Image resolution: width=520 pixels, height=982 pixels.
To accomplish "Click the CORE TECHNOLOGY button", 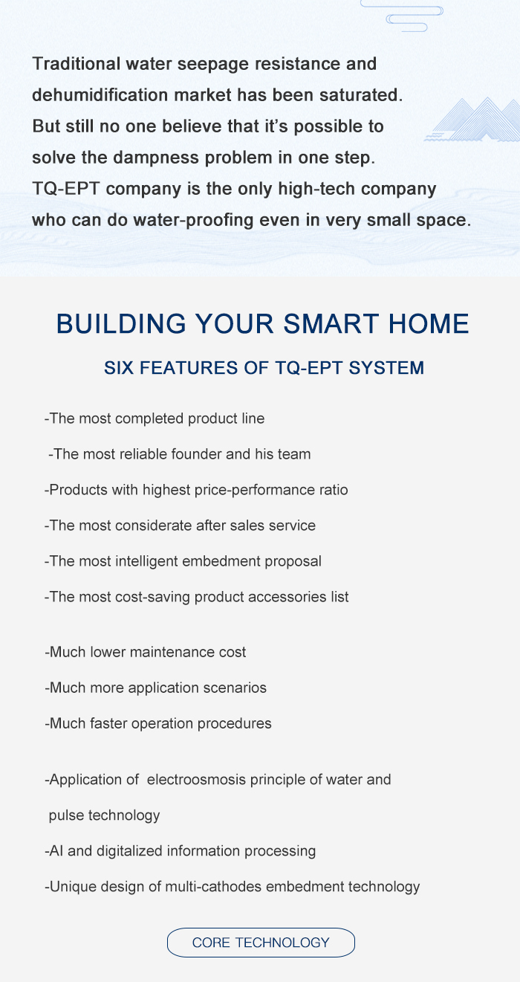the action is [x=261, y=943].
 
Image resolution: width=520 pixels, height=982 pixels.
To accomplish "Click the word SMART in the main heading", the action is [x=331, y=323].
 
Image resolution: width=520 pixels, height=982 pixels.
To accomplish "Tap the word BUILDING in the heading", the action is [x=121, y=323].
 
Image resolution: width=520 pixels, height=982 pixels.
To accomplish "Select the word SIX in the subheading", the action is [x=118, y=368].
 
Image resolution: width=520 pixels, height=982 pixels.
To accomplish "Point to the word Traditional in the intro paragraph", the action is [x=77, y=64].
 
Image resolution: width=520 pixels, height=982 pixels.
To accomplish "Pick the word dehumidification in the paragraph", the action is [x=100, y=95].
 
